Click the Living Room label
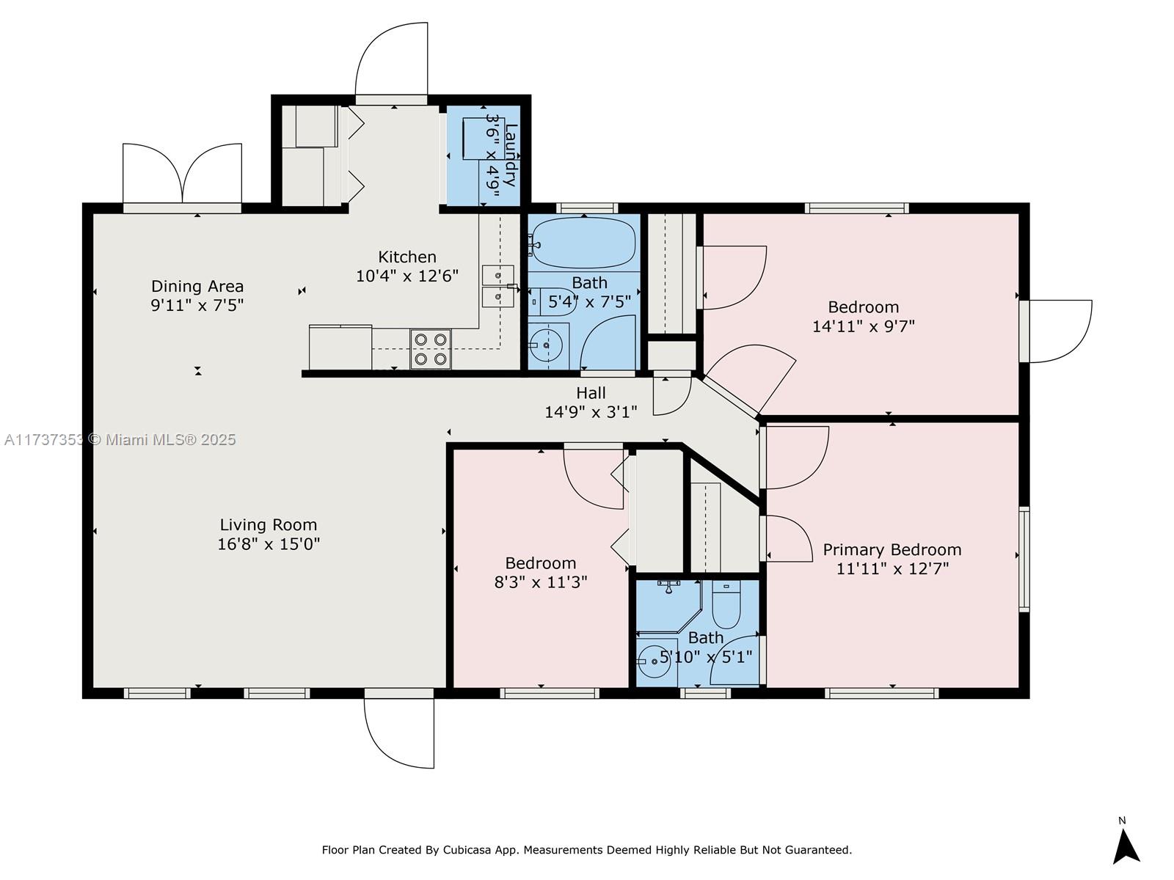[269, 524]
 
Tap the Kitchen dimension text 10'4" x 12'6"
[407, 276]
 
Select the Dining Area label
[197, 287]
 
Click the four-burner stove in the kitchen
[431, 349]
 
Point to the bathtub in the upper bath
[584, 243]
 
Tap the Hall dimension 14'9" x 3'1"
[591, 412]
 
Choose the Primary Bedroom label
[892, 550]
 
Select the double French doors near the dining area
[183, 174]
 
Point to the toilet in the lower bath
[726, 605]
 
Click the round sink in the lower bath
[655, 661]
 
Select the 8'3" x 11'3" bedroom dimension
[541, 582]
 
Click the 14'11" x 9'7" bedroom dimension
[864, 326]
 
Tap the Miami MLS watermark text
[120, 440]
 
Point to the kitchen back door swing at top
[392, 59]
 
